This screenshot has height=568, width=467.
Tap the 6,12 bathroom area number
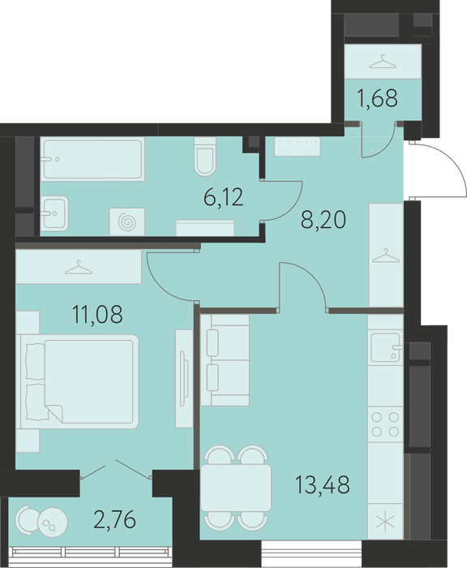click(224, 198)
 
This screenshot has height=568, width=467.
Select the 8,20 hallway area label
click(323, 220)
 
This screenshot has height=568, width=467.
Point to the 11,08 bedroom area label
click(98, 314)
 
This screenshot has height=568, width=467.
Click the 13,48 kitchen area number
click(323, 484)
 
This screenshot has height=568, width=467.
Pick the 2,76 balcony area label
click(115, 519)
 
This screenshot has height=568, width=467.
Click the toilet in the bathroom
click(205, 157)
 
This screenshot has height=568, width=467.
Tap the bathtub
click(92, 159)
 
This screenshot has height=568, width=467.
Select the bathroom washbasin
click(54, 213)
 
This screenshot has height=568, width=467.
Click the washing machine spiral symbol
click(127, 222)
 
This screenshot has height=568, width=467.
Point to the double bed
click(78, 382)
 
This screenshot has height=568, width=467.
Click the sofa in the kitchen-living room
click(225, 360)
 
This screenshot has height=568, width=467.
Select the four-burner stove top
click(386, 424)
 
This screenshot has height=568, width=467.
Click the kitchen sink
click(386, 347)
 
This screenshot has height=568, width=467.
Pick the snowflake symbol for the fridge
click(385, 521)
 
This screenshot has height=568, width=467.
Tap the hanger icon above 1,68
click(383, 61)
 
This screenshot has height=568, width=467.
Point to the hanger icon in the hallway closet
click(386, 256)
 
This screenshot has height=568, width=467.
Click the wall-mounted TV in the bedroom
click(185, 379)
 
